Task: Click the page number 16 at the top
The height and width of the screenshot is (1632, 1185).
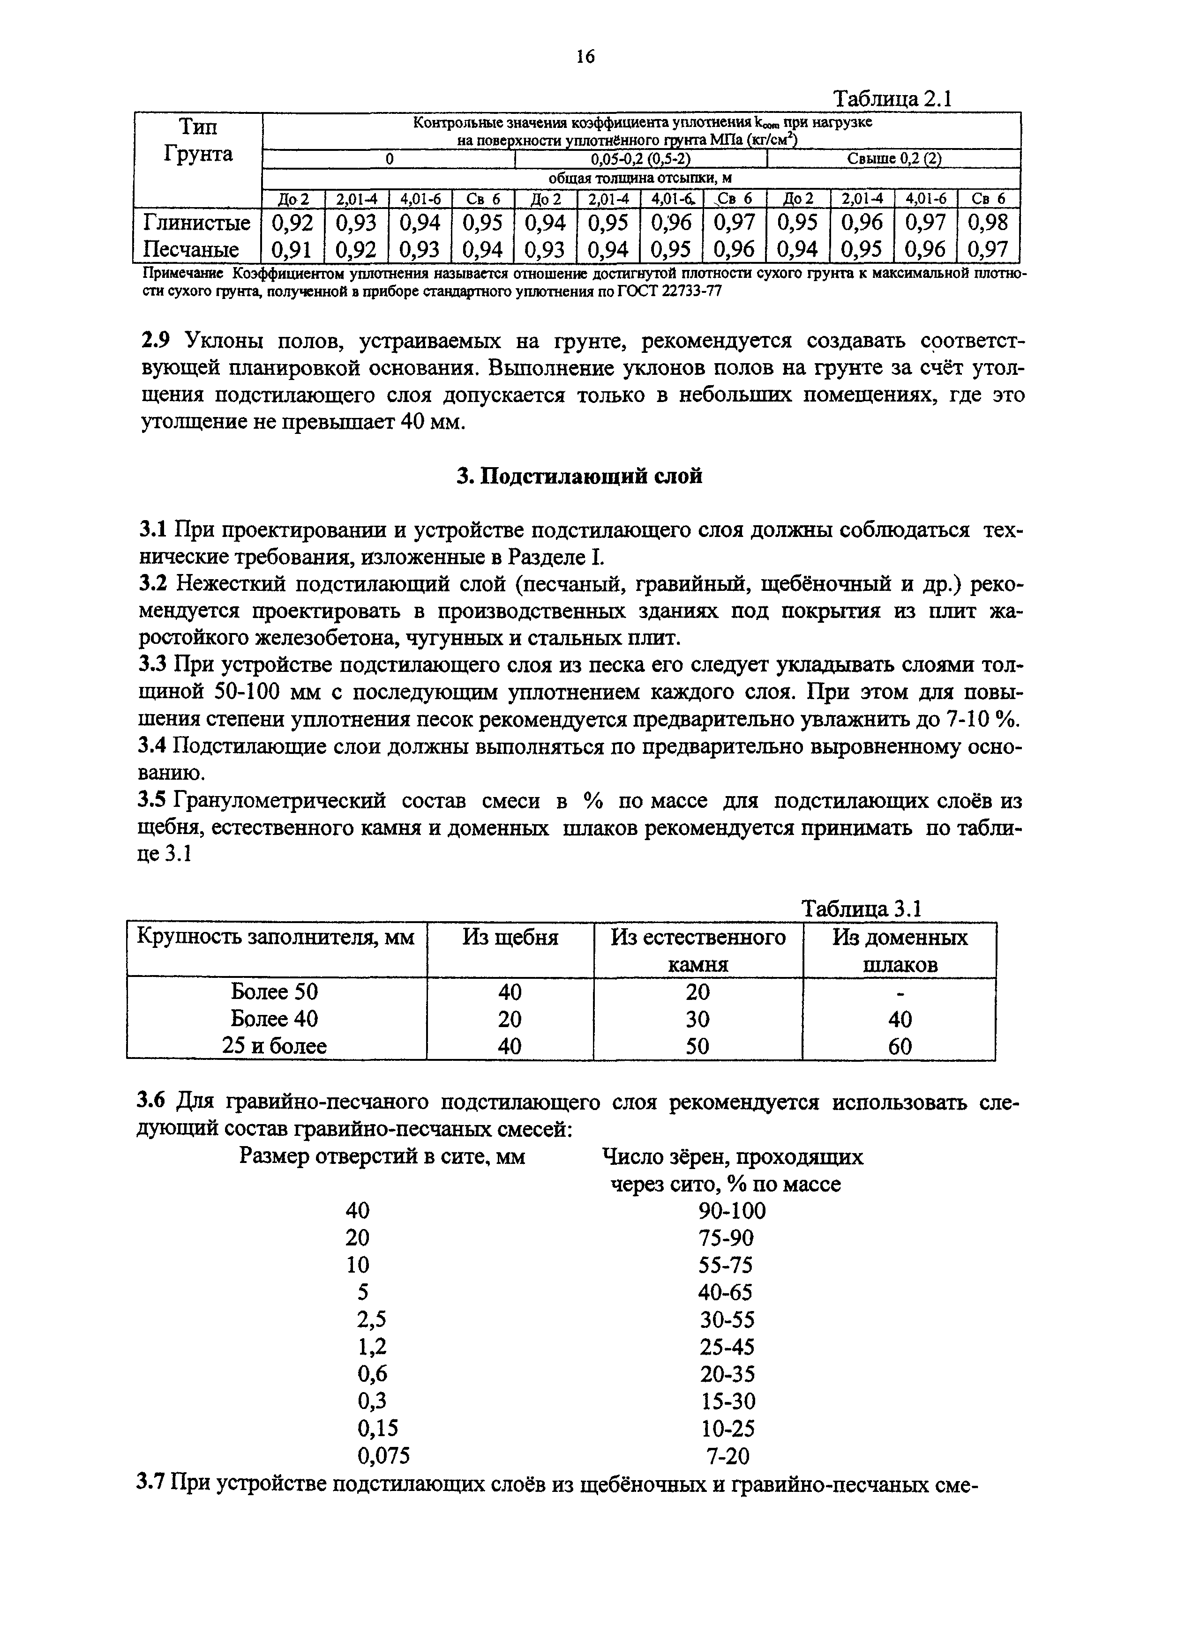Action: pyautogui.click(x=585, y=57)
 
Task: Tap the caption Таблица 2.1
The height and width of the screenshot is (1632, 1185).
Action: pyautogui.click(x=892, y=98)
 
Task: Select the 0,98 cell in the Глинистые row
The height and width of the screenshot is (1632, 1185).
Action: pyautogui.click(x=989, y=223)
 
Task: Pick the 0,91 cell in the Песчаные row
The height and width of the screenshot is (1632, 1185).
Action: pyautogui.click(x=293, y=250)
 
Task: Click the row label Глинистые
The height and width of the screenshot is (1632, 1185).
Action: pyautogui.click(x=196, y=223)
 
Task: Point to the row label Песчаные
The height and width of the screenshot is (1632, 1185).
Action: pyautogui.click(x=191, y=250)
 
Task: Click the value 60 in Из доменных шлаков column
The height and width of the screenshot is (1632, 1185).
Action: pyautogui.click(x=900, y=1046)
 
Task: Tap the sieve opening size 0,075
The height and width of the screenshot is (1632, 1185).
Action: pyautogui.click(x=384, y=1456)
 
